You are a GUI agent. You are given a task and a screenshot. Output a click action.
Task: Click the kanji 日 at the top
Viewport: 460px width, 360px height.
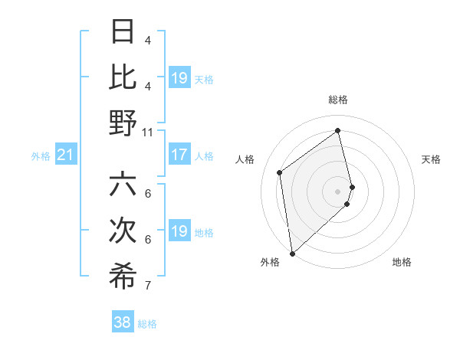[x=123, y=31]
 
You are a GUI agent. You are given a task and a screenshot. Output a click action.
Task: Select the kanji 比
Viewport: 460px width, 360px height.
[x=123, y=77]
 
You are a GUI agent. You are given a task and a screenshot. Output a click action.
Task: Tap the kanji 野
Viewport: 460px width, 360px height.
[x=123, y=123]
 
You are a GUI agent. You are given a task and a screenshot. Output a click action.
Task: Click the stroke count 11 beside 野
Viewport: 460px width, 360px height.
[x=148, y=132]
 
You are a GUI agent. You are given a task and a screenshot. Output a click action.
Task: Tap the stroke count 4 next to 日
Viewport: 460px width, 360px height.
[x=148, y=40]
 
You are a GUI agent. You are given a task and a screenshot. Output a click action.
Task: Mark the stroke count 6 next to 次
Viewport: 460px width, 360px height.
[x=148, y=239]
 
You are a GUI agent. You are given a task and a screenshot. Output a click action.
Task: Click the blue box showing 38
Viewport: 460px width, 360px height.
[x=123, y=322]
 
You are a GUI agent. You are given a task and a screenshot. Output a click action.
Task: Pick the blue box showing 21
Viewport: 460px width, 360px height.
[x=65, y=155]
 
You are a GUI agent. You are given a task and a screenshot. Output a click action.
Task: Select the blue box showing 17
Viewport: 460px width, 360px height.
[x=179, y=155]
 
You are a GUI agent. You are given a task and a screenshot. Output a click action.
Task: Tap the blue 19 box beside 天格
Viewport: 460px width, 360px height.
[x=179, y=77]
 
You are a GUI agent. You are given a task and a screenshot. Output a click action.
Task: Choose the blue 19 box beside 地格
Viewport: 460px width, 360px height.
[x=179, y=231]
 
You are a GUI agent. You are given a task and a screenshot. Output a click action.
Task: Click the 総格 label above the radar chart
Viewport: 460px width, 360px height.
[x=338, y=100]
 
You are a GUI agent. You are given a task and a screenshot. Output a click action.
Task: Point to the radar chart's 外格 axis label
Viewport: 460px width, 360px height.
[x=270, y=263]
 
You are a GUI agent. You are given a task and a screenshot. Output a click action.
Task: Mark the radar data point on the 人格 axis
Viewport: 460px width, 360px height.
[x=280, y=172]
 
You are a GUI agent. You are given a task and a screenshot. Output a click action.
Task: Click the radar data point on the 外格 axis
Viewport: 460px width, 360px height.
[x=292, y=253]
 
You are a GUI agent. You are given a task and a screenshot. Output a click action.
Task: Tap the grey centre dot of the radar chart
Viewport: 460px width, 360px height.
[x=337, y=191]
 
